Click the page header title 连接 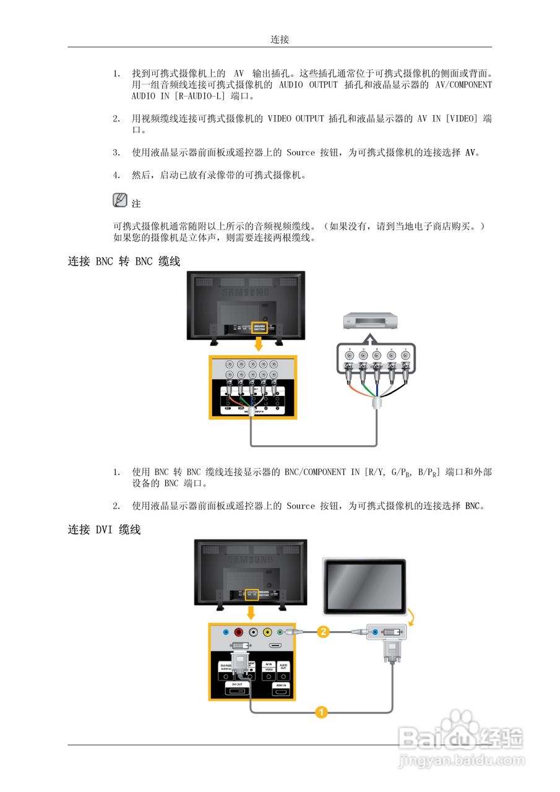click(280, 40)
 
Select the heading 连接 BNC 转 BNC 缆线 click(124, 261)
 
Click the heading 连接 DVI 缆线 click(104, 530)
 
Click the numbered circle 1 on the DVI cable click(321, 712)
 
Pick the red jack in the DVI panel click(239, 632)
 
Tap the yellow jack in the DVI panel click(267, 632)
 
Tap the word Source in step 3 click(301, 152)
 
